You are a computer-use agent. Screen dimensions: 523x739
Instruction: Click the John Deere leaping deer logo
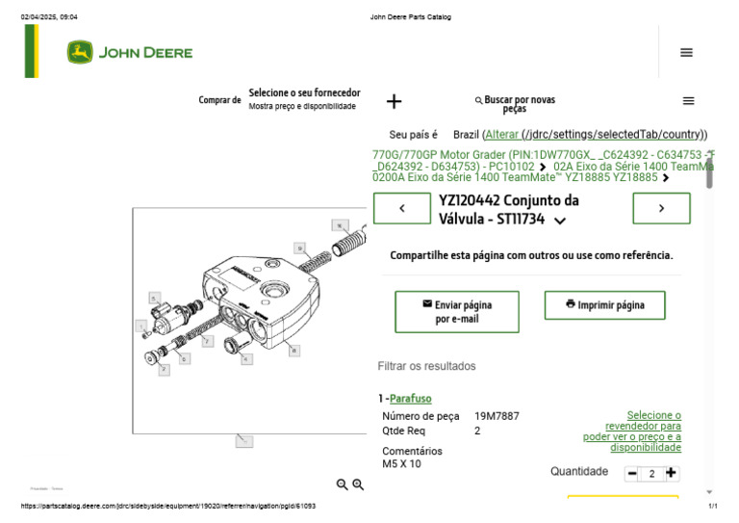point(80,53)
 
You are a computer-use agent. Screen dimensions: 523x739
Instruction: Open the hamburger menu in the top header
point(686,53)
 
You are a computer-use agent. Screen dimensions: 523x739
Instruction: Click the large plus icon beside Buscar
point(394,101)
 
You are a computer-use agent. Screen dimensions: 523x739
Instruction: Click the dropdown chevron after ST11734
point(561,221)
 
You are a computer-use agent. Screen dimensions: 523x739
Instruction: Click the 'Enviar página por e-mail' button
point(456,311)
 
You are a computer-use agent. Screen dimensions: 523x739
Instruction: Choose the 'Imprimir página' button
point(604,305)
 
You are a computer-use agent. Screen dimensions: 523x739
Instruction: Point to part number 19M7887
point(497,416)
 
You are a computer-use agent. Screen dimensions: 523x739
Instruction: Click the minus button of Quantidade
point(632,474)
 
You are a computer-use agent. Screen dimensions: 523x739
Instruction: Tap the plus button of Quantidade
point(672,474)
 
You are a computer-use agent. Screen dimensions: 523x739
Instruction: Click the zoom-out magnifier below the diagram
point(342,484)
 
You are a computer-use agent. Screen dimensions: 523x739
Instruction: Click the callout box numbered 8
point(294,351)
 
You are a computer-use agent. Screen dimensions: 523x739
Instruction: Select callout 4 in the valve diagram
point(246,359)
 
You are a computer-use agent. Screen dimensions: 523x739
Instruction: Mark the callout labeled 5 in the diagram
point(153,298)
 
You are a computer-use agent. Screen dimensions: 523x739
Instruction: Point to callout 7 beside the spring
point(207,342)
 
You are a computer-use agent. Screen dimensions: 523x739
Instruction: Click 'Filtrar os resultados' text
point(426,366)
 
